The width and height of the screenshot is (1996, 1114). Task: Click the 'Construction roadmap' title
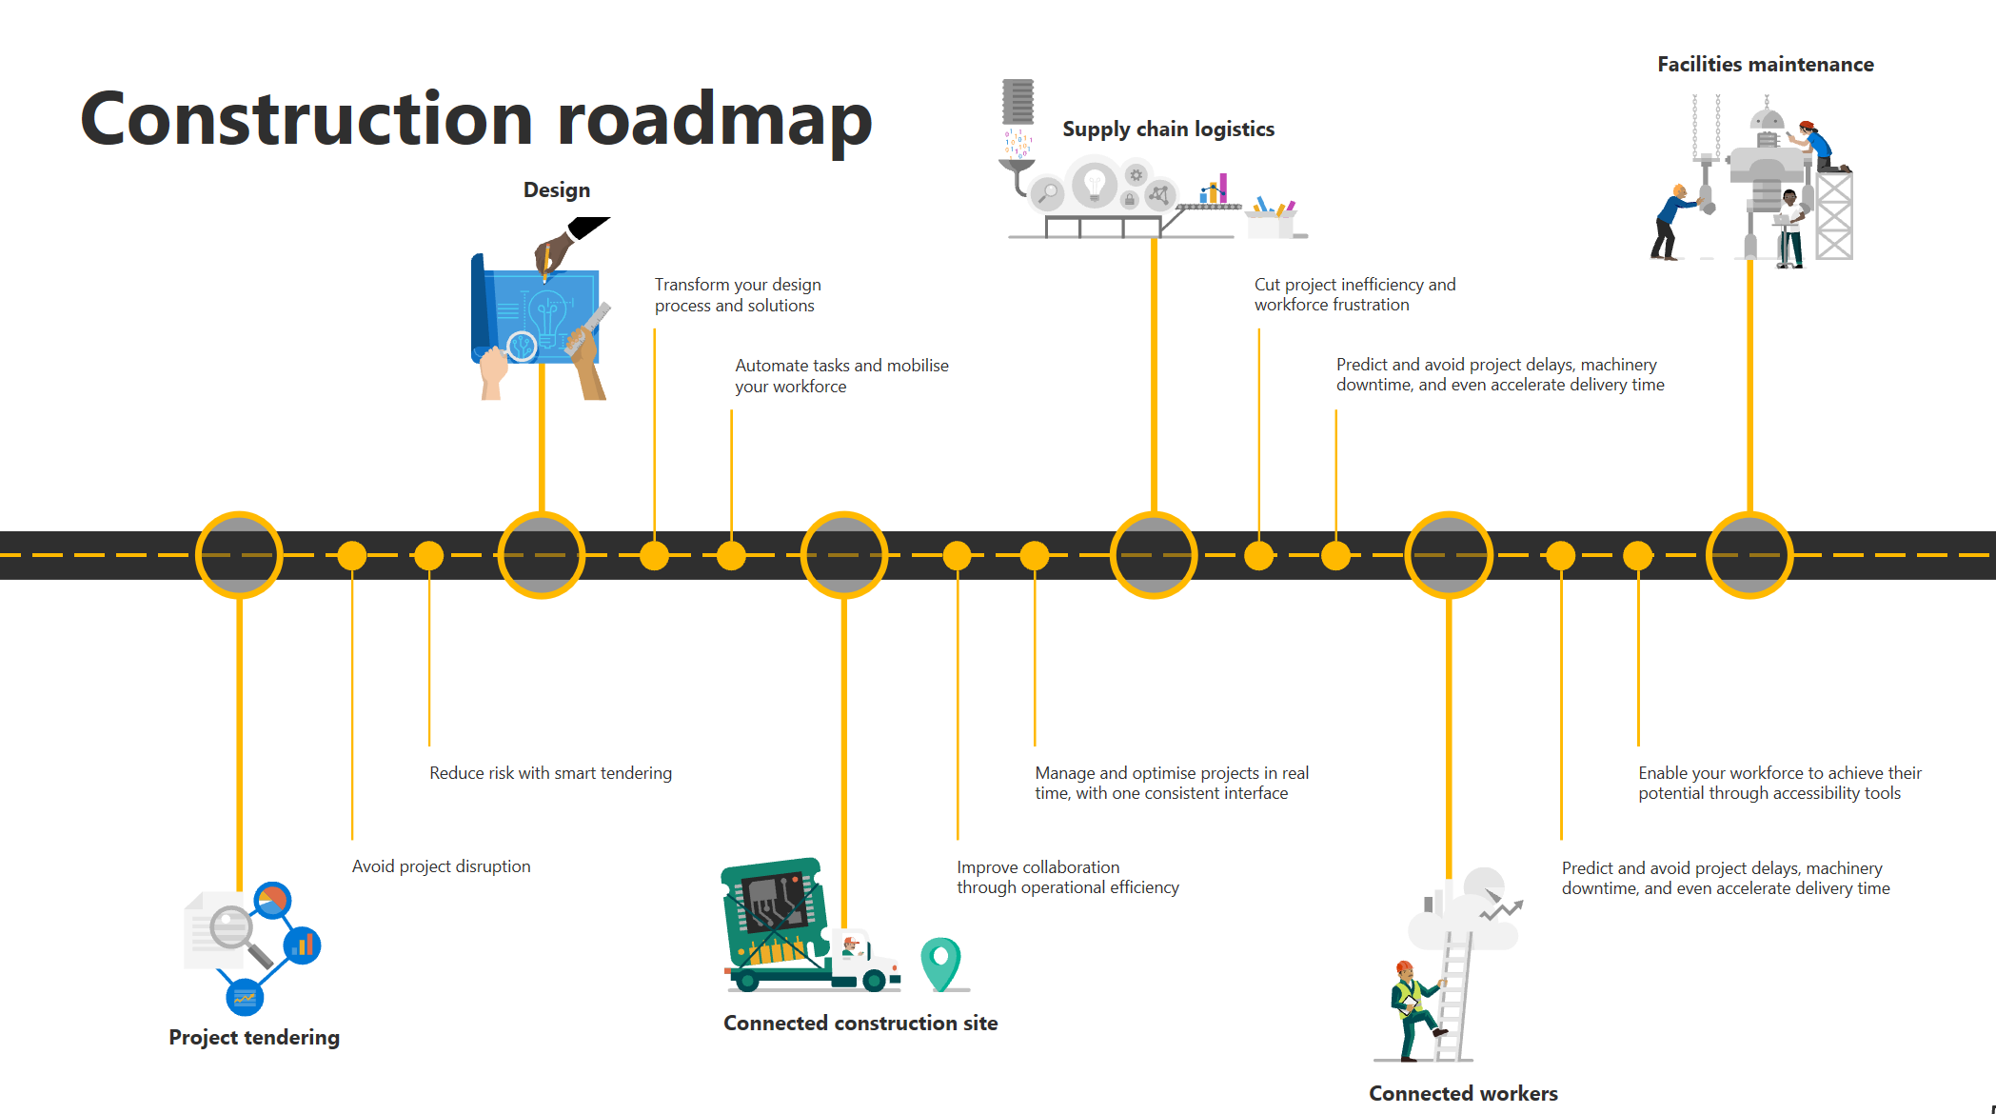click(476, 118)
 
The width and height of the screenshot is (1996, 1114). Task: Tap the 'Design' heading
click(557, 189)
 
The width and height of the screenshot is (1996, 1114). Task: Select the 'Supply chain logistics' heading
click(1168, 129)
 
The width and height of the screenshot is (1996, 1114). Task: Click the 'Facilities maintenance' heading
click(1765, 64)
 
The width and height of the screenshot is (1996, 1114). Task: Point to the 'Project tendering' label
click(254, 1037)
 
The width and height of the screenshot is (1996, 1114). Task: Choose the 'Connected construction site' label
click(860, 1023)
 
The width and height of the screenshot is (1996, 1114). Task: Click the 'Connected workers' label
click(1463, 1093)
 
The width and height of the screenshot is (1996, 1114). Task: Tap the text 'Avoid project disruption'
click(441, 865)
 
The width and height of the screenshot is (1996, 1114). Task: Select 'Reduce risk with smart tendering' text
click(550, 772)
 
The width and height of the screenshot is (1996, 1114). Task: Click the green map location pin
click(940, 962)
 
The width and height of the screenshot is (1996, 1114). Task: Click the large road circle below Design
click(541, 555)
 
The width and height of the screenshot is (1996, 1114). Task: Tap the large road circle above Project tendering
click(239, 555)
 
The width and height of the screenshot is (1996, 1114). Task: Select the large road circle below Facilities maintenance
click(1749, 555)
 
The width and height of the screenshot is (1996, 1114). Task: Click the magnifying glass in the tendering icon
click(231, 929)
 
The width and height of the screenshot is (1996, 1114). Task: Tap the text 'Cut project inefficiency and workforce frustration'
click(1354, 294)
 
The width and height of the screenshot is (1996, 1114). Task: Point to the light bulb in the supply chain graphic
click(1095, 183)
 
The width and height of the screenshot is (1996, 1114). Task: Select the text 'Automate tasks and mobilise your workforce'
click(841, 375)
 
